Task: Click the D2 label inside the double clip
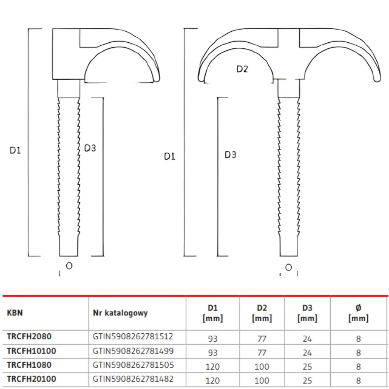coord(242,69)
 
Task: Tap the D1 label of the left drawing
coord(15,150)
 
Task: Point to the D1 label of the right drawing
coord(170,156)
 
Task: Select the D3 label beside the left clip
coord(90,148)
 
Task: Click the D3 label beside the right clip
coord(230,155)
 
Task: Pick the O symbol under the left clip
coord(69,266)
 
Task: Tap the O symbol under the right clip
coord(289,267)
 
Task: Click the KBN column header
coord(15,313)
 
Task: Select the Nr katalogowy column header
coord(120,313)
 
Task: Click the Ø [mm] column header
coord(358,313)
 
